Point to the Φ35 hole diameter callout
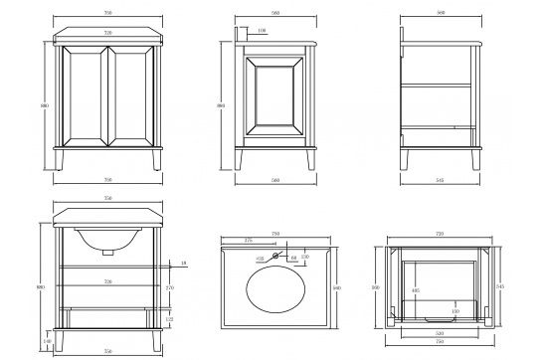tap(261, 260)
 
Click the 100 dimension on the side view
tap(261, 32)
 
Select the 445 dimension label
tap(415, 291)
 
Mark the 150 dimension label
tap(454, 312)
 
